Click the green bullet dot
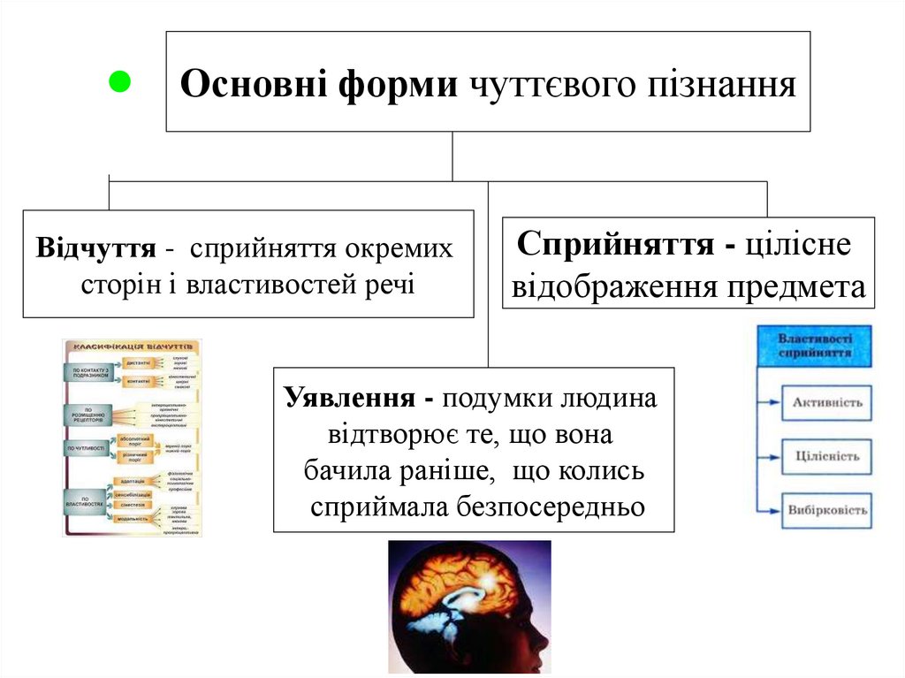click(x=118, y=82)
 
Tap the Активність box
click(x=826, y=403)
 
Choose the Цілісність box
click(x=826, y=457)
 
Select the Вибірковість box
click(x=826, y=510)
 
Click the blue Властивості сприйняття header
click(x=814, y=345)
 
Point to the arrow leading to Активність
click(x=770, y=403)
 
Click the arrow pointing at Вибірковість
click(x=770, y=510)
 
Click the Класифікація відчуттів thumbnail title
click(x=132, y=346)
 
